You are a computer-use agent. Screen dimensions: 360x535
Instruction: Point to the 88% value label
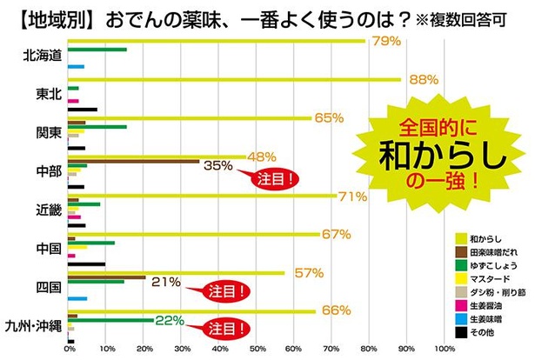pos(423,79)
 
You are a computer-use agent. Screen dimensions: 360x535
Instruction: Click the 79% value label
pos(385,41)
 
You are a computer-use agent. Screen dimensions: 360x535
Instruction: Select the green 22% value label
pos(171,320)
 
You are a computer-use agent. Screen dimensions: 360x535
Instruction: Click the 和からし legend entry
pos(483,237)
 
